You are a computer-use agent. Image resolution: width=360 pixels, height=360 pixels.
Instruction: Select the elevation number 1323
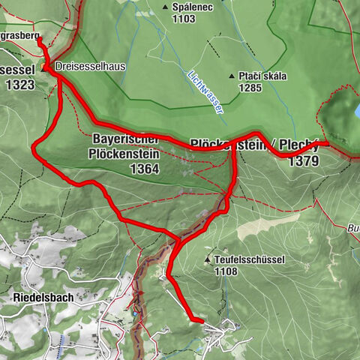coord(19,85)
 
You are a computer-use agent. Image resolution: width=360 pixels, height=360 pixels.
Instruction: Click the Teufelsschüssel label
coord(249,259)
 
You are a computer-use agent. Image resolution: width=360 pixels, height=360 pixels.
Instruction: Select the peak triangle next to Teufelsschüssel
coord(208,259)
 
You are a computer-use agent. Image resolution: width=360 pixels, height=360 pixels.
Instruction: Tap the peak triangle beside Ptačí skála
coord(232,76)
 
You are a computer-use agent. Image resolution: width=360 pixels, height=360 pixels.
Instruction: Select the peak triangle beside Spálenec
coord(165,7)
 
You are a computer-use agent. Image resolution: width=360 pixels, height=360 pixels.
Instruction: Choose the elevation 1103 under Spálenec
coord(183,19)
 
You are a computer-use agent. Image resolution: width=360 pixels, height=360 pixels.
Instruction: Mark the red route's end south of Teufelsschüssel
coord(201,321)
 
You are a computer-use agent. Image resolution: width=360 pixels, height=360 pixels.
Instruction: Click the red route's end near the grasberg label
coord(38,40)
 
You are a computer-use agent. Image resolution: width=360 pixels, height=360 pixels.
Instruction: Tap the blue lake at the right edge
coord(356,111)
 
